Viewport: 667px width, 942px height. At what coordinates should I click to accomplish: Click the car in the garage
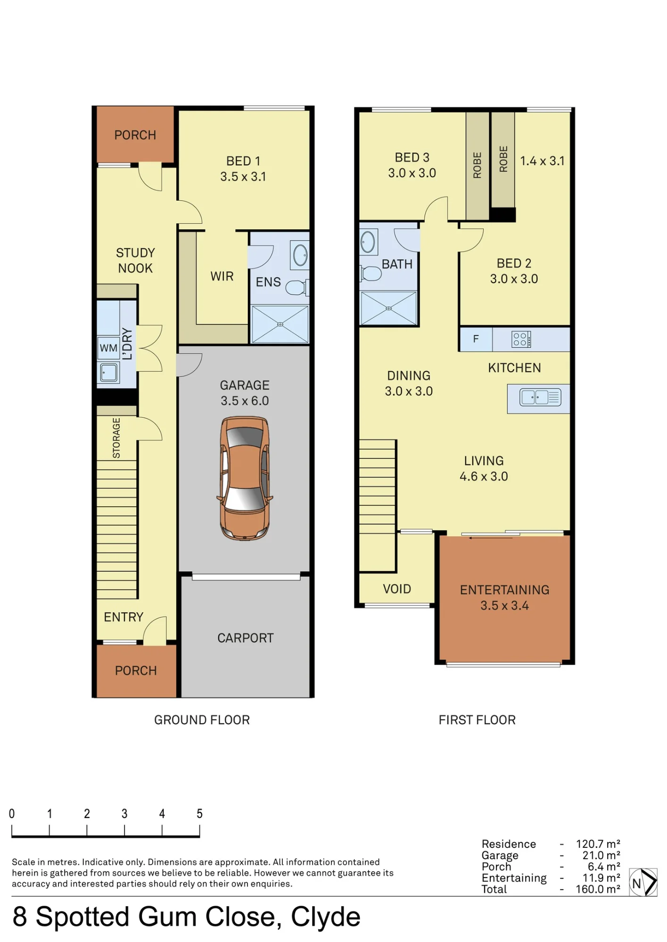tap(245, 478)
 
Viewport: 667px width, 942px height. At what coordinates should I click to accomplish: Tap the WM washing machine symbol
tap(108, 348)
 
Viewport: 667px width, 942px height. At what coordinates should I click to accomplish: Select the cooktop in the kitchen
tap(521, 339)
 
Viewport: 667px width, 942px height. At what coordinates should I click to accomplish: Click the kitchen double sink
tap(540, 397)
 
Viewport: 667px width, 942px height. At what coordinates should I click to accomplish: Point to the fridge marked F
tap(476, 339)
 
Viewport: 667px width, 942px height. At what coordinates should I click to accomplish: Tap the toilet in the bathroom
tap(371, 273)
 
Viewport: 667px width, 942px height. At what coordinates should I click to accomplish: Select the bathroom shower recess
tap(388, 309)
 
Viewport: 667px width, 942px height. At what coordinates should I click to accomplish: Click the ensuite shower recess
tap(280, 324)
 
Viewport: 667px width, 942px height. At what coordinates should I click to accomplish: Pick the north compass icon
tap(643, 882)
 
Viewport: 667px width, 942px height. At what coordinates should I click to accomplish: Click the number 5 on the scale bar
tap(199, 813)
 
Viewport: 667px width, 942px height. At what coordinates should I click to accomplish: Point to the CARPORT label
tap(245, 638)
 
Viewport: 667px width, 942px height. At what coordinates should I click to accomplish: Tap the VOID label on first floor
tap(397, 589)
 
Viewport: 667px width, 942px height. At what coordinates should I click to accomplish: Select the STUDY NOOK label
tap(135, 260)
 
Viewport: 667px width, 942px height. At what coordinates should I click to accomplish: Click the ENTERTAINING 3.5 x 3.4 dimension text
tap(504, 605)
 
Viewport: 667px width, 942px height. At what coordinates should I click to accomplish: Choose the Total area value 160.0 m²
tap(598, 889)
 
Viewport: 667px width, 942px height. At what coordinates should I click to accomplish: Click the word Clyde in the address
tap(326, 917)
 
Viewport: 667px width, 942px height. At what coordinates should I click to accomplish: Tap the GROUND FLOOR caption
tap(202, 720)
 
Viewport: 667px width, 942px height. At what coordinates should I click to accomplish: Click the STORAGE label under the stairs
tap(116, 438)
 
